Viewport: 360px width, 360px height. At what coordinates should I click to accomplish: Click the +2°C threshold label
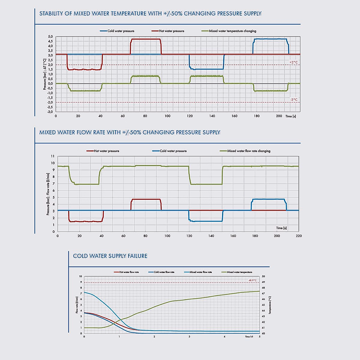pos(293,62)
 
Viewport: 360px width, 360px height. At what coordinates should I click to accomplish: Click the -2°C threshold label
pos(293,100)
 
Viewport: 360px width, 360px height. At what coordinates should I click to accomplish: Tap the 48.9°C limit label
pos(252,280)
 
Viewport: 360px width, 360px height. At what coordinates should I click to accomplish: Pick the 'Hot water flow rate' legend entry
pos(129,272)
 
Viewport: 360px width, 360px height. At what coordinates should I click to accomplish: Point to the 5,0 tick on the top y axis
pos(50,37)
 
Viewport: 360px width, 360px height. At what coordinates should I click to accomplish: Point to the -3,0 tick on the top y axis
pos(50,112)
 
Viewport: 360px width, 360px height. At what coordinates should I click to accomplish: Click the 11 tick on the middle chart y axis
pos(53,156)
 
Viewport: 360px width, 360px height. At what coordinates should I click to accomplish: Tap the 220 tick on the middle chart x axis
pos(299,236)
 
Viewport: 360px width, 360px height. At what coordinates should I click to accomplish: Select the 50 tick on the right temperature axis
pos(263,276)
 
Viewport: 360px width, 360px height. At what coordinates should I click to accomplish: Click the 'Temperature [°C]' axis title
pos(270,305)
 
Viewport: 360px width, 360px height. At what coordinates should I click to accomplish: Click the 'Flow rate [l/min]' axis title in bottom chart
pos(77,305)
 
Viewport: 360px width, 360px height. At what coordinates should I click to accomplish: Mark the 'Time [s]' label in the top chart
pos(290,116)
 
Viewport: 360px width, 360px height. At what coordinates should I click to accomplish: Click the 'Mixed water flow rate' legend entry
pos(200,272)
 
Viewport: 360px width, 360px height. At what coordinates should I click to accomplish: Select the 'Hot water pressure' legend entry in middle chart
pos(106,151)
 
